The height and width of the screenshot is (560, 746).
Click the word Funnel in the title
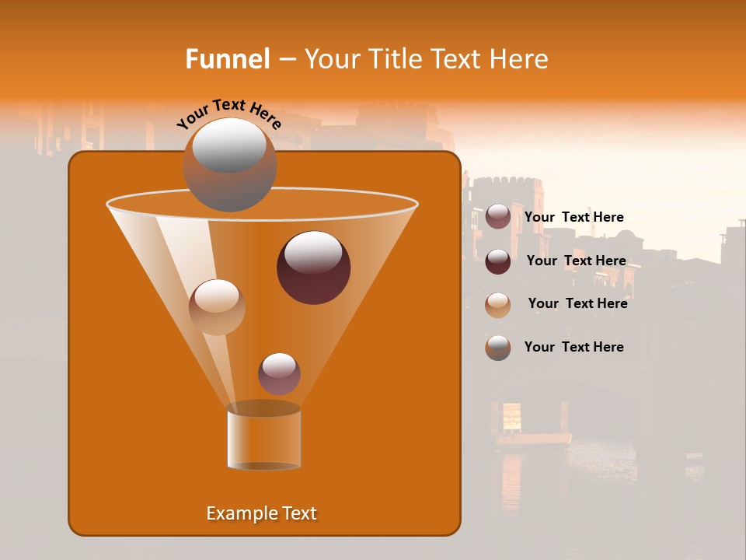click(x=227, y=59)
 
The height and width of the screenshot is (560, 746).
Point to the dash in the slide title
click(x=286, y=60)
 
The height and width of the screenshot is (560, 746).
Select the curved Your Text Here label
click(x=228, y=114)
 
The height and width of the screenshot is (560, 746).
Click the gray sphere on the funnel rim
click(x=229, y=165)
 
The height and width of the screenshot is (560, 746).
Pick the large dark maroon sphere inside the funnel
click(x=313, y=268)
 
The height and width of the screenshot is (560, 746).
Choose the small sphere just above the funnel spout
click(x=279, y=373)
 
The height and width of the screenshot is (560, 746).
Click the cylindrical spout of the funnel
click(x=263, y=439)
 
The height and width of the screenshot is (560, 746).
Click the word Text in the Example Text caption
click(x=298, y=513)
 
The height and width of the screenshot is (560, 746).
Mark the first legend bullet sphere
click(x=498, y=217)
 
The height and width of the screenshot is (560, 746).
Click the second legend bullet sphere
click(x=498, y=261)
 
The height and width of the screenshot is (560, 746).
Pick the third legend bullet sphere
click(x=498, y=305)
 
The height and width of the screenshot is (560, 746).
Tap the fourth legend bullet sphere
click(x=498, y=348)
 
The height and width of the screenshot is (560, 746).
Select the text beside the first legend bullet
click(x=573, y=218)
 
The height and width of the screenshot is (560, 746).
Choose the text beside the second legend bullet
click(x=576, y=261)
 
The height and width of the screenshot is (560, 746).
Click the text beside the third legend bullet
click(x=577, y=304)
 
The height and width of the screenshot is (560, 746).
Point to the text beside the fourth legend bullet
click(x=573, y=348)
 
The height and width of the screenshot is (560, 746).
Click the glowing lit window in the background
click(x=511, y=417)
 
